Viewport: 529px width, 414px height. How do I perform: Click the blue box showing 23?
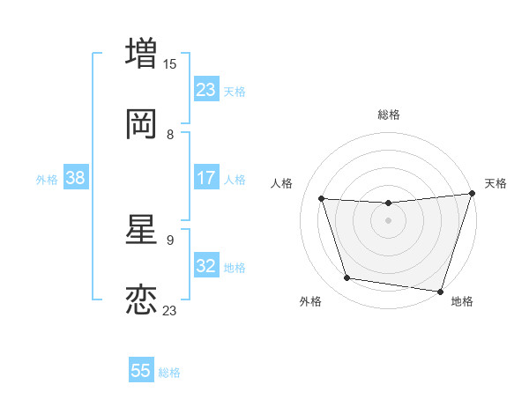206,89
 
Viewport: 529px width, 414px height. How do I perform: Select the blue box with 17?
206,178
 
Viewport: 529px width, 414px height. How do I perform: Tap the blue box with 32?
206,266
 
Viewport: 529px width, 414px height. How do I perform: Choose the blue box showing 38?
75,178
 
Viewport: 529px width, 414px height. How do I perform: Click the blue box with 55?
141,371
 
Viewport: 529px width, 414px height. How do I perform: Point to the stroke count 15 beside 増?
170,63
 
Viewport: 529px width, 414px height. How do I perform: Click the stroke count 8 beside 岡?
170,135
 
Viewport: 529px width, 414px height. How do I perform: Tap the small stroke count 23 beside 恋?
170,310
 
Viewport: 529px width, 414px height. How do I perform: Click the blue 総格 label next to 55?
169,373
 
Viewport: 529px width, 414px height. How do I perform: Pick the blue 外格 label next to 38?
47,180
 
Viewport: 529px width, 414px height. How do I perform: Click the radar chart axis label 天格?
495,183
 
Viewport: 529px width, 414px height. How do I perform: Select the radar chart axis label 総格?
389,115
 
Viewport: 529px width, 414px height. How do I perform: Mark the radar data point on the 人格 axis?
322,198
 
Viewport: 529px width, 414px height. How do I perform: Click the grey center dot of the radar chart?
388,220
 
